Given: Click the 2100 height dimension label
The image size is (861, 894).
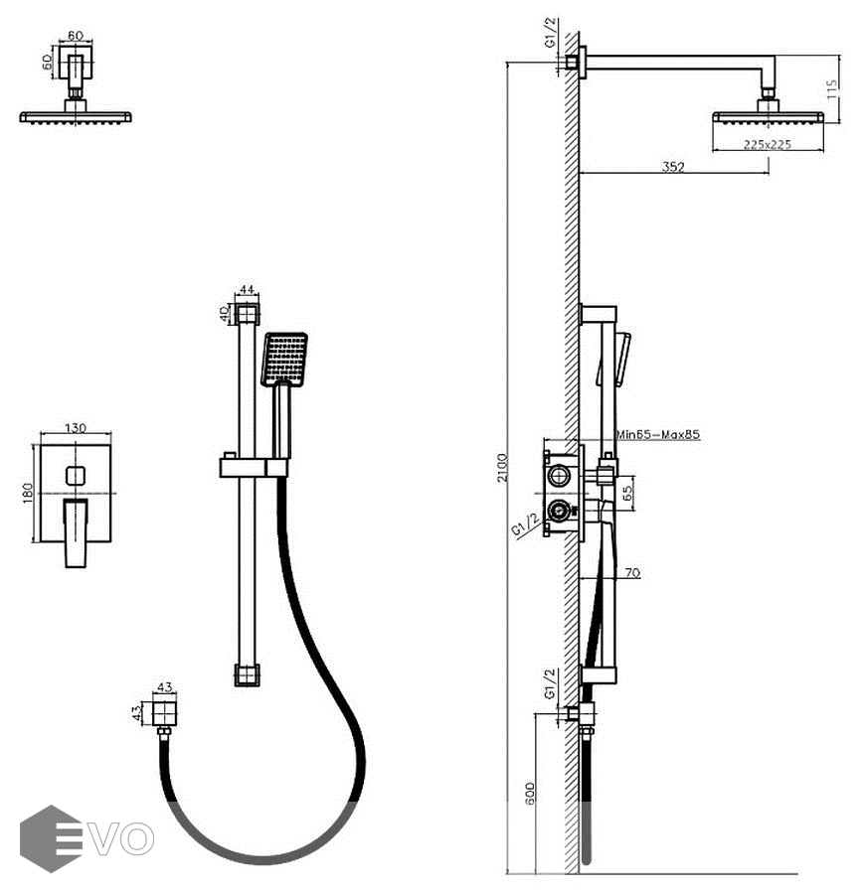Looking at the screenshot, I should [x=503, y=467].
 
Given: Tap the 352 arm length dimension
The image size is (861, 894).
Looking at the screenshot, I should [x=673, y=167].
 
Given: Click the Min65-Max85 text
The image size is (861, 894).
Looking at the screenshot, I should [x=658, y=435].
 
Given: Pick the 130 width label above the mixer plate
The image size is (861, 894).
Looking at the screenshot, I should [x=76, y=428].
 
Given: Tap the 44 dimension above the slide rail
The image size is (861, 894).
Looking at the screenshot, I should [x=248, y=290].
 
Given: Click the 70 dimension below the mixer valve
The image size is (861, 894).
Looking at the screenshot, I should [x=633, y=572].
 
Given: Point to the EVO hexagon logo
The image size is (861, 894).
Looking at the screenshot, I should [x=51, y=838].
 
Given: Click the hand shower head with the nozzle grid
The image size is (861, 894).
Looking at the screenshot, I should [x=284, y=359].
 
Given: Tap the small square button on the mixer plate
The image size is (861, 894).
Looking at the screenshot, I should [x=76, y=476].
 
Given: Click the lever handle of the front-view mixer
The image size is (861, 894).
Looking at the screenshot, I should [x=77, y=531].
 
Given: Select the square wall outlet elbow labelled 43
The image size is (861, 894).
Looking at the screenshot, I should [x=165, y=712].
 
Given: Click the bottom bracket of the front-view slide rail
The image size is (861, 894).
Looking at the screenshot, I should [x=247, y=674].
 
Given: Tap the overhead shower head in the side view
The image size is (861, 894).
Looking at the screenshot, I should [x=768, y=117].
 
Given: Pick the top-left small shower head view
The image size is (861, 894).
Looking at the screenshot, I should [x=76, y=89].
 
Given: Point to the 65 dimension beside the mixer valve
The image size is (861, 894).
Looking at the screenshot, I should [x=627, y=491].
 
